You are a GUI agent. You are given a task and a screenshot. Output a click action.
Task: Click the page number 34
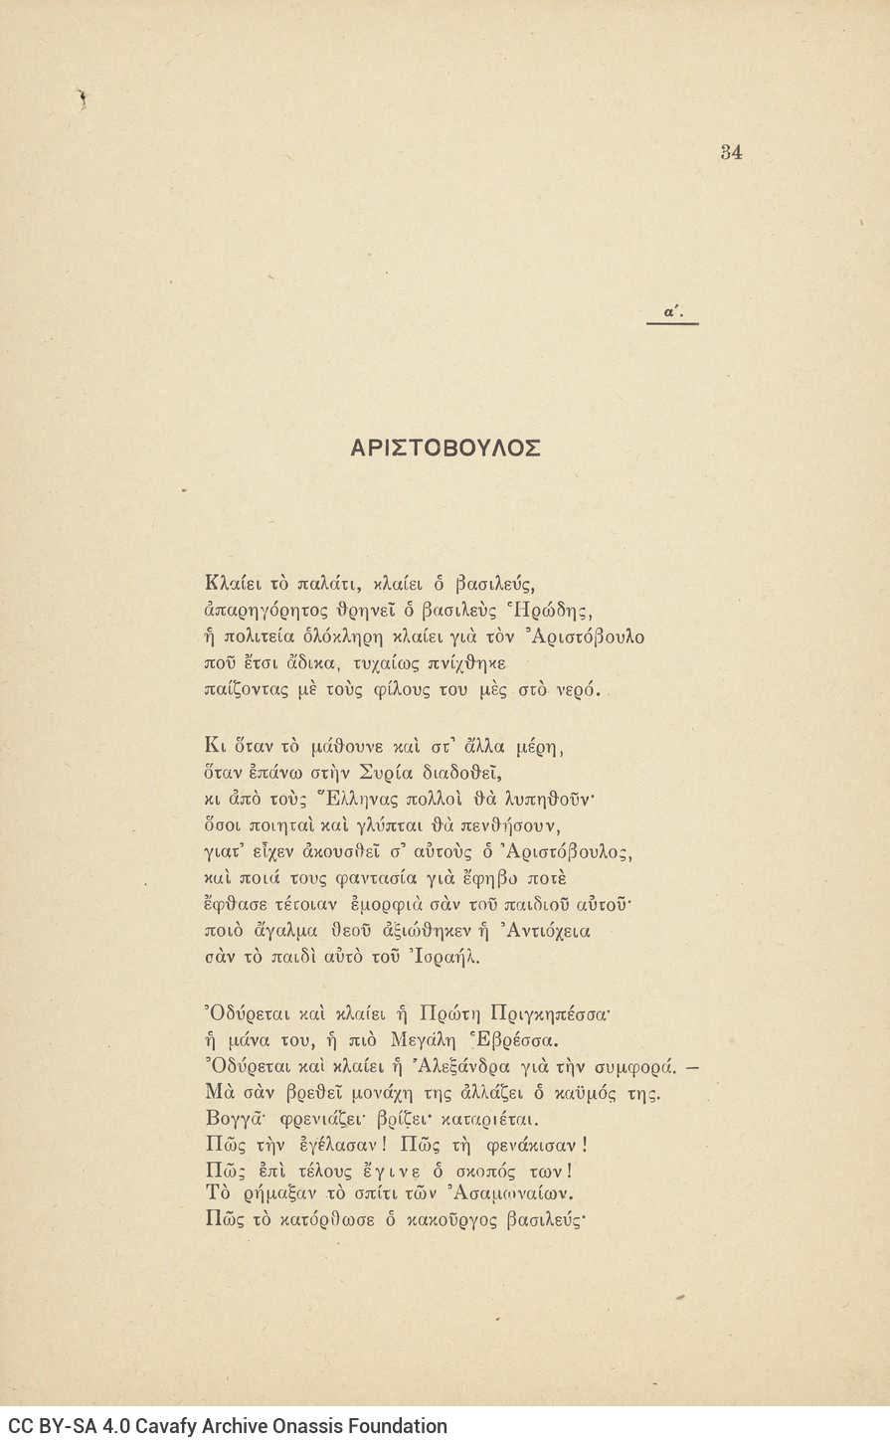click(x=731, y=152)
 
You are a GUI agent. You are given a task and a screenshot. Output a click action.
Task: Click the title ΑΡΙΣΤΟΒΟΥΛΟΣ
click(x=445, y=449)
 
